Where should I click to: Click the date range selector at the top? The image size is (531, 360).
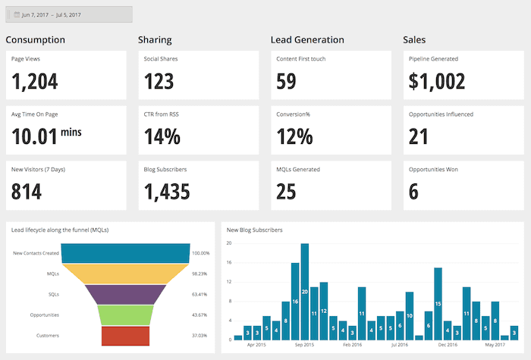coord(69,14)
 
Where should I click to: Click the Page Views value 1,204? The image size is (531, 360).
coord(35,80)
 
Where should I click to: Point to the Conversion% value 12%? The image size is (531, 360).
coord(294,136)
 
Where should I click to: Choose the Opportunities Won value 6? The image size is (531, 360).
coord(413,192)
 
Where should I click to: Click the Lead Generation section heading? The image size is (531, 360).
coord(307,39)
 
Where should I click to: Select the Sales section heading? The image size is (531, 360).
coord(414,39)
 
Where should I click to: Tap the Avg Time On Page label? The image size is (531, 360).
coord(36,114)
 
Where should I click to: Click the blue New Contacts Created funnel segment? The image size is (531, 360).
coord(125,253)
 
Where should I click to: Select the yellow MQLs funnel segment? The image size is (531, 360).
coord(125,274)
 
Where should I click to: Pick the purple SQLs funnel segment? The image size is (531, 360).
coord(125,294)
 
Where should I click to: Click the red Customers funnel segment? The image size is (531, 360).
coord(125,335)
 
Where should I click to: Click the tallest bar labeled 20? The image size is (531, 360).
coord(305,291)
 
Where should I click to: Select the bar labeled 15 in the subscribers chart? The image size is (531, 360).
coord(438,303)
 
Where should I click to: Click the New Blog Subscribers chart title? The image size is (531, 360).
coord(255,230)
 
